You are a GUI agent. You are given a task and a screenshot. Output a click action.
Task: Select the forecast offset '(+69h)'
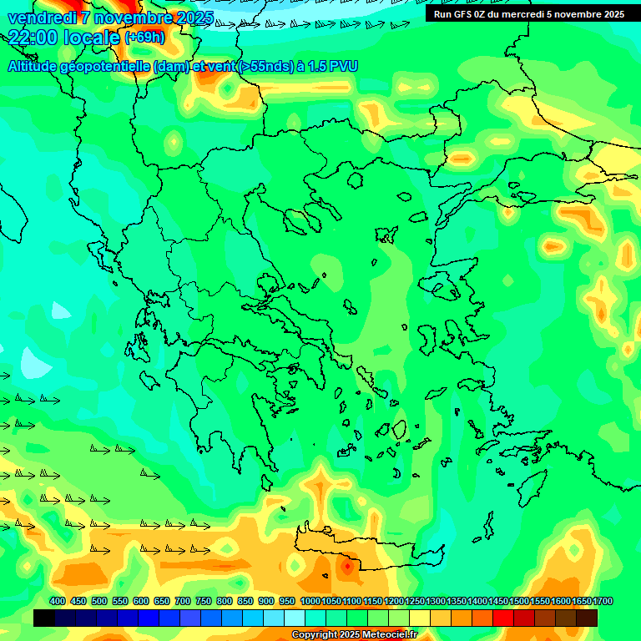[x=145, y=38]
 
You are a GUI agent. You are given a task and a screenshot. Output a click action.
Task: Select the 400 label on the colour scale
[x=58, y=601]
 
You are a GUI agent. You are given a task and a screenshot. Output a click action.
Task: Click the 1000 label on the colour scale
[x=310, y=601]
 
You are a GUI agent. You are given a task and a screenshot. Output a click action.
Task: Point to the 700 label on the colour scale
[x=183, y=601]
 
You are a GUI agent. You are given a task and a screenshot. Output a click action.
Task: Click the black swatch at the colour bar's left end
[x=44, y=618]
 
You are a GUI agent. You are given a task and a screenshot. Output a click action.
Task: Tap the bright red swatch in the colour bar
[x=503, y=618]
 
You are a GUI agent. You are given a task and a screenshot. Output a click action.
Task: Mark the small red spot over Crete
[x=347, y=567]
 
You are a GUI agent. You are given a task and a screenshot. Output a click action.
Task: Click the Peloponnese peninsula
[x=234, y=417]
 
